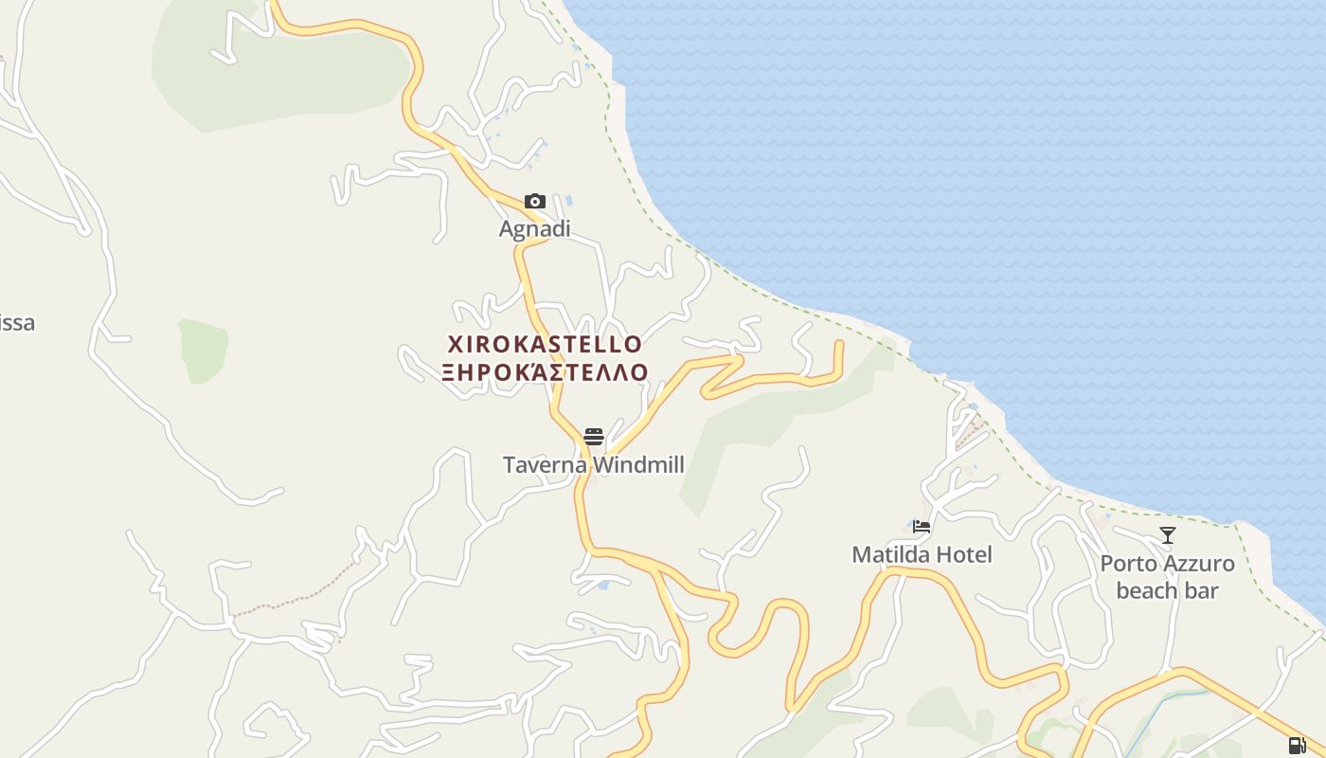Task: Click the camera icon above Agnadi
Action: click(535, 201)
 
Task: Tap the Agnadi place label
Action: click(535, 229)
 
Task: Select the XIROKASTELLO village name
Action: click(545, 344)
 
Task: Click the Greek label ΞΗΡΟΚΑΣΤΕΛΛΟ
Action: click(545, 371)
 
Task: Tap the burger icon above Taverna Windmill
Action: click(594, 436)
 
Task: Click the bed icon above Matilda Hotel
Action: click(922, 527)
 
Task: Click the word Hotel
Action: click(964, 554)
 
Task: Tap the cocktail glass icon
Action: click(1168, 535)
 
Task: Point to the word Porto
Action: click(1129, 564)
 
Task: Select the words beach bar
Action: click(1168, 590)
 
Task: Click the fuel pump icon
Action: click(1297, 745)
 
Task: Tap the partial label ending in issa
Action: click(17, 323)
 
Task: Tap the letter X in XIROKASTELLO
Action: click(456, 344)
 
